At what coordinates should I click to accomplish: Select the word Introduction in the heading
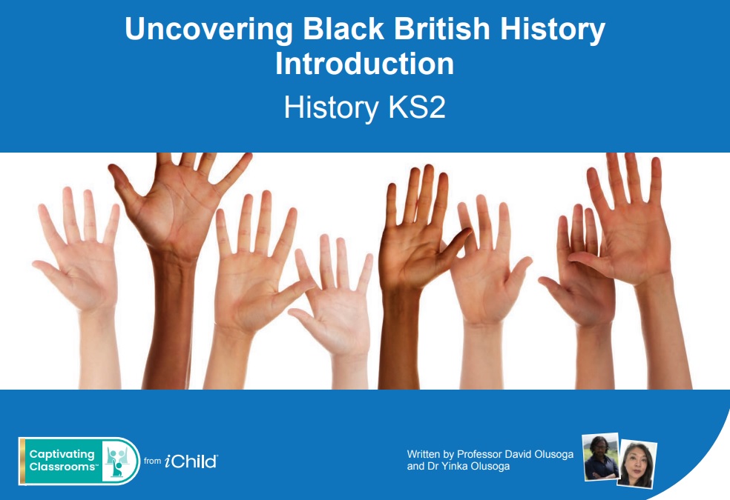364,64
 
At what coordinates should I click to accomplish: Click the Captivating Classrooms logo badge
79,461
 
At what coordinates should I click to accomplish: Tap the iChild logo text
191,461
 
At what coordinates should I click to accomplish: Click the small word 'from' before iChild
152,461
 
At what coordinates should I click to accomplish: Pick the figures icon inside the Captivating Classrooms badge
119,461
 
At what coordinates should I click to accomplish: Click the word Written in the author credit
424,454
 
